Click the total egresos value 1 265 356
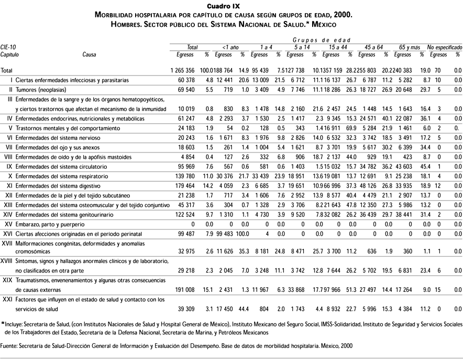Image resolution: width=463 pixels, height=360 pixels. point(182,71)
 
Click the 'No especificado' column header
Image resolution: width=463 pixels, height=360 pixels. point(444,47)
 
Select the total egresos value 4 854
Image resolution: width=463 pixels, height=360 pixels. point(186,157)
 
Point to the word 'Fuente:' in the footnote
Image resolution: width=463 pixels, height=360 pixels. point(9,346)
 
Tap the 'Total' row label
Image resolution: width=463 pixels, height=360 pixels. point(7,71)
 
